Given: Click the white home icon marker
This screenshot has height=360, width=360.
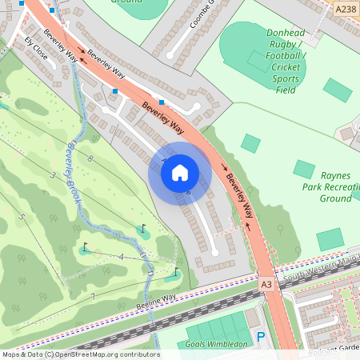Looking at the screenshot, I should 180,173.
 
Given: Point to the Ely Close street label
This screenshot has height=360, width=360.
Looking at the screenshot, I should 36,49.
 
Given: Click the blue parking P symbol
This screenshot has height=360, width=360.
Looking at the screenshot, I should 261,338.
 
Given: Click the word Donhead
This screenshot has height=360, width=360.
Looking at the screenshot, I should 286,34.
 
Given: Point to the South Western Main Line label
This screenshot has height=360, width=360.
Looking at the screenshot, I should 320,269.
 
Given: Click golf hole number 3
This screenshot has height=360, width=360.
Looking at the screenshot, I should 54,174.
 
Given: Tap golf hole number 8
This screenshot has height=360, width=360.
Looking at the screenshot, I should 91,159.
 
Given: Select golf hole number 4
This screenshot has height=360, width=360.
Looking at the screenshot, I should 121,257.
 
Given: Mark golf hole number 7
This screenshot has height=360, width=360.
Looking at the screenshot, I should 93,297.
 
